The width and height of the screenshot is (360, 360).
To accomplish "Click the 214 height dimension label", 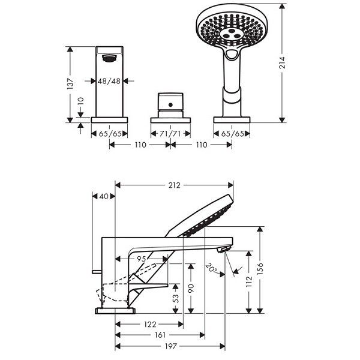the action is coord(282,62).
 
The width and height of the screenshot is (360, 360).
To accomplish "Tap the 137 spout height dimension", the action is coord(71,84).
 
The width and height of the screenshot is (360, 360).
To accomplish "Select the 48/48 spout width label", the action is coord(109,81).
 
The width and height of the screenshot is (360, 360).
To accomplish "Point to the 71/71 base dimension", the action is coord(170,134).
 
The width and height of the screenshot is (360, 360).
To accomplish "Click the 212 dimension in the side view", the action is coord(175,185).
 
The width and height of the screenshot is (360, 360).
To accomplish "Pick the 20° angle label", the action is coord(211,268).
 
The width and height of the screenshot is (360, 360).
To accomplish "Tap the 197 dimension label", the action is coord(171,346).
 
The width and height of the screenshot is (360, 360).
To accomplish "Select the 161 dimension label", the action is coord(160,335).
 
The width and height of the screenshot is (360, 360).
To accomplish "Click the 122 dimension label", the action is coord(150,325).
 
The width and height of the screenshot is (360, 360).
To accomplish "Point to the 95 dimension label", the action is coord(142,259).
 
